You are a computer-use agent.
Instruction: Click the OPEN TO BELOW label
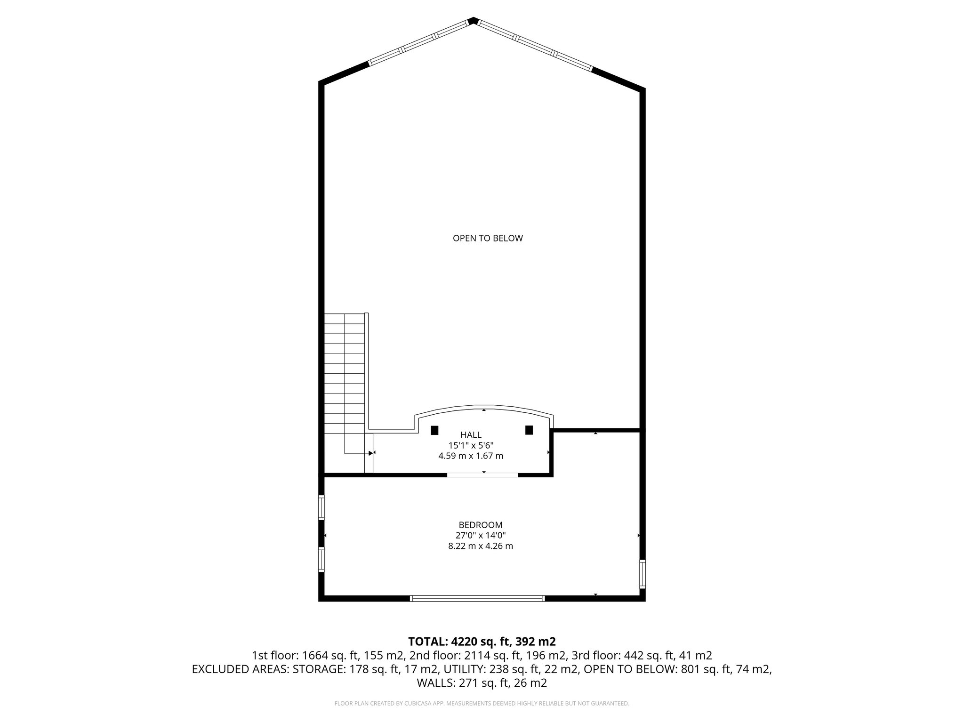(488, 238)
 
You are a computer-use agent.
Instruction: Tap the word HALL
(471, 435)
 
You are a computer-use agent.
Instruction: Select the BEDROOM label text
(481, 525)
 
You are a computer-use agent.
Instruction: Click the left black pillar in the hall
(434, 430)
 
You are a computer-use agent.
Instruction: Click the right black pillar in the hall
(529, 430)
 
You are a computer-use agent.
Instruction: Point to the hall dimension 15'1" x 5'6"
(471, 445)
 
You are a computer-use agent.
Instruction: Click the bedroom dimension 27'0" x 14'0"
(481, 535)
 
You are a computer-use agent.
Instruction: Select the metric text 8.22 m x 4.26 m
(481, 546)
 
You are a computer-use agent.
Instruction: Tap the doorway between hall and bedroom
(482, 475)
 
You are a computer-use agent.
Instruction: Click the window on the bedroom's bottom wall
(477, 598)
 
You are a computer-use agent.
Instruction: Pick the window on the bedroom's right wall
(642, 574)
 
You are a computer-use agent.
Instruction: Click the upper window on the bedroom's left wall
(321, 507)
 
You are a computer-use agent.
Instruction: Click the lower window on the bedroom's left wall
(321, 559)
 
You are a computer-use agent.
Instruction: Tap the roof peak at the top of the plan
(474, 20)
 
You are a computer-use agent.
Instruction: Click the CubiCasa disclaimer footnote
(482, 704)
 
